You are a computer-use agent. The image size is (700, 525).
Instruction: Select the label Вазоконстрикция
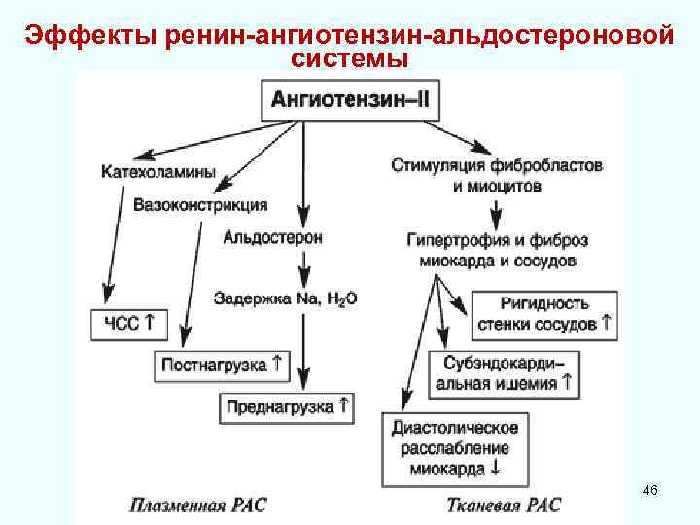click(200, 206)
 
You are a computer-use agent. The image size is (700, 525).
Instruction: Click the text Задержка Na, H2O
click(286, 298)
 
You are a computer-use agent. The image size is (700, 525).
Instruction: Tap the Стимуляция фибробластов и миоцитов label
click(497, 175)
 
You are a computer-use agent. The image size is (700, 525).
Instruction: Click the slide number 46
click(650, 493)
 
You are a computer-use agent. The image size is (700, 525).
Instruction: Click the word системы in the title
click(349, 60)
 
